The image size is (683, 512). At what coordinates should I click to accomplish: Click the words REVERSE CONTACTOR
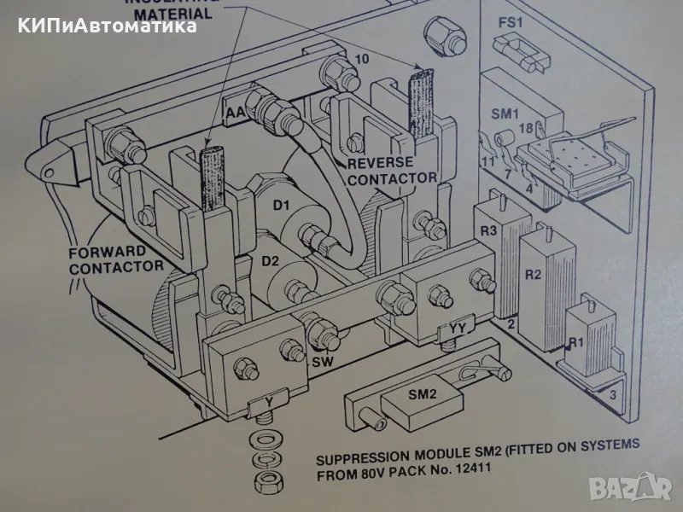pos(392,170)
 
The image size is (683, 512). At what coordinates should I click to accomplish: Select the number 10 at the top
pos(362,59)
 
